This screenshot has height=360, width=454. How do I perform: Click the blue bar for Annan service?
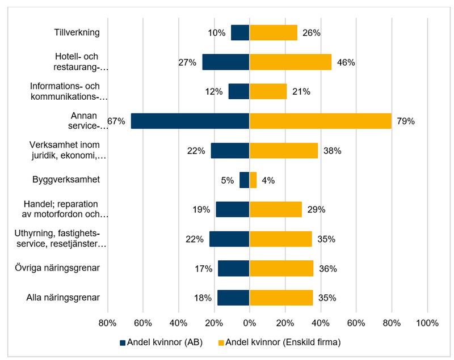click(190, 121)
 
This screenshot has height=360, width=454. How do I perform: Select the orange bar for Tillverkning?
click(274, 33)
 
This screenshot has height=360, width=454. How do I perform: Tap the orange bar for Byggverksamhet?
click(253, 180)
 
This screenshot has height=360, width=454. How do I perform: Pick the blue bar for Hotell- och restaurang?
click(226, 62)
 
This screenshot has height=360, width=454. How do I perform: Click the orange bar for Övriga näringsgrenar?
click(281, 268)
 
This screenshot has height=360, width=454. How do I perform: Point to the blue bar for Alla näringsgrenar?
click(233, 298)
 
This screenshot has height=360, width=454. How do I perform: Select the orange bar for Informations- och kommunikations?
click(268, 91)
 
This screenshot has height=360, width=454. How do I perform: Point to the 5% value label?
click(227, 180)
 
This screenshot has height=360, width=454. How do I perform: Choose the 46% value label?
click(346, 62)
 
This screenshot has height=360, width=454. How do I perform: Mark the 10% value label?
click(217, 33)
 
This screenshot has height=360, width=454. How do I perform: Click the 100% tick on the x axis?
click(427, 323)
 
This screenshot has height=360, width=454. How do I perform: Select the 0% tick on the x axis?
click(249, 323)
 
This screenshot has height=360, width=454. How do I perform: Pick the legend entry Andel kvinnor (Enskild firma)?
click(281, 343)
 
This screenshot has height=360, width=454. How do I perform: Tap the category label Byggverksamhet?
click(66, 180)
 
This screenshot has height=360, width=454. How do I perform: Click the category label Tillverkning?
click(77, 32)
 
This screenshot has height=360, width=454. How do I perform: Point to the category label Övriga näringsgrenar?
click(57, 268)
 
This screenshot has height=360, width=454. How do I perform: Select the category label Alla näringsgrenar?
click(64, 298)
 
